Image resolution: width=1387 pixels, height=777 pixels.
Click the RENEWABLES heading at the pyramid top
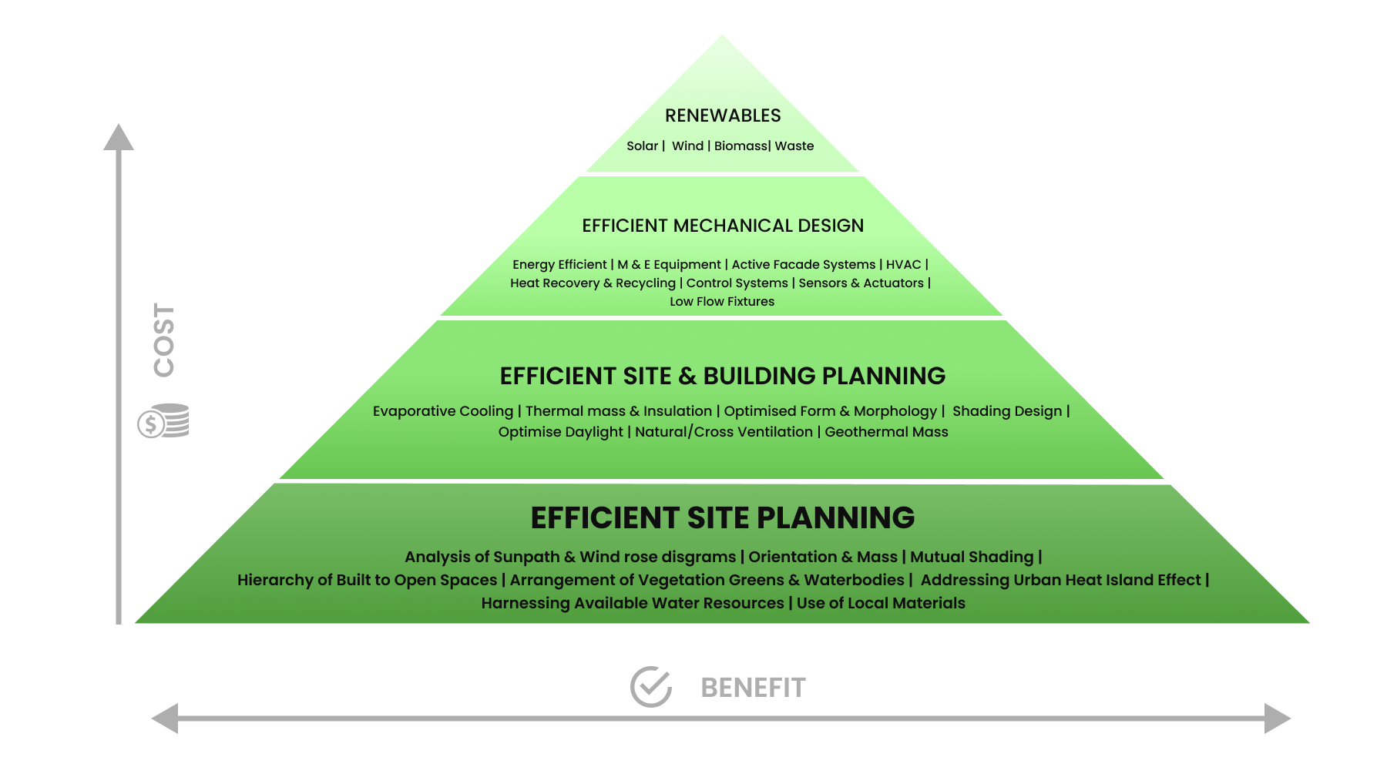(723, 116)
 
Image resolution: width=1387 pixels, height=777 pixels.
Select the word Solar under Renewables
(643, 146)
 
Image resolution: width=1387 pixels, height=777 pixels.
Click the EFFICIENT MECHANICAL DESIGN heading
(723, 226)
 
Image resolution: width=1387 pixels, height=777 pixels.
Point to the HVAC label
(903, 264)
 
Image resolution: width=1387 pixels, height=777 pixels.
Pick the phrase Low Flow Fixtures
(722, 301)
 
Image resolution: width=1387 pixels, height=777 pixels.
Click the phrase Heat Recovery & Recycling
(593, 283)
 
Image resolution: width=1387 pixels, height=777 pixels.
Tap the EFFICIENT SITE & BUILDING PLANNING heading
(723, 376)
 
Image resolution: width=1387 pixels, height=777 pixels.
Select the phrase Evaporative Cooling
(443, 411)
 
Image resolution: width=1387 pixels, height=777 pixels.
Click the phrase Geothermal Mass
(886, 432)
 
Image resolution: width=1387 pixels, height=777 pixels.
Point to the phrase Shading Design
(1007, 411)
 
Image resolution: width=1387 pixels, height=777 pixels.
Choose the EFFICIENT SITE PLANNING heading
(723, 517)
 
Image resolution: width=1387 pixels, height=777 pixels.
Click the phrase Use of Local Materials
(881, 603)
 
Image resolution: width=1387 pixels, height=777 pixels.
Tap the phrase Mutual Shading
(972, 557)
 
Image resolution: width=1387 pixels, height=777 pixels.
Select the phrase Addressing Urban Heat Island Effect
(1060, 580)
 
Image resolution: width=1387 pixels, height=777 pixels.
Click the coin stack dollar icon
(163, 420)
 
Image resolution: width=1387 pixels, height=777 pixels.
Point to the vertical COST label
(163, 340)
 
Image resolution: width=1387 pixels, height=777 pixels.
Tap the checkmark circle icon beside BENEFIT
(651, 686)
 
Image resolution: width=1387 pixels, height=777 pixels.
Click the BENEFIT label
(753, 688)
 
